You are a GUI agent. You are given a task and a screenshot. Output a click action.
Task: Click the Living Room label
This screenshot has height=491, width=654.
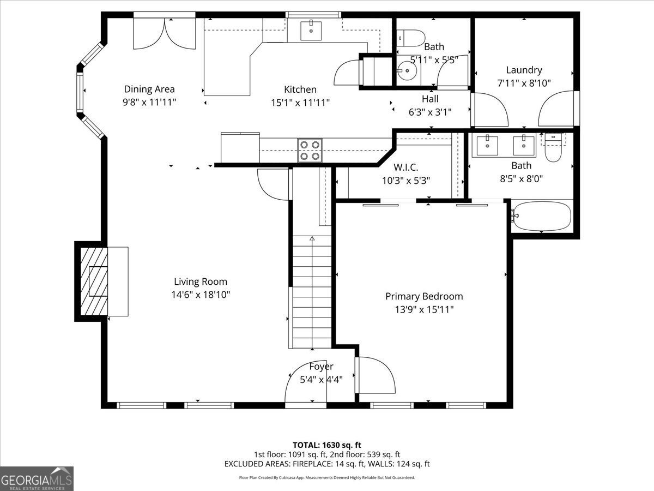pyautogui.click(x=201, y=282)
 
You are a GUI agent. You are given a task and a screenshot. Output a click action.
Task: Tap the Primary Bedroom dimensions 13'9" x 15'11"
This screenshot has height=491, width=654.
pyautogui.click(x=424, y=309)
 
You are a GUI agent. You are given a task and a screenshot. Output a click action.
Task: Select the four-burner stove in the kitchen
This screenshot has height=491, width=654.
pyautogui.click(x=310, y=150)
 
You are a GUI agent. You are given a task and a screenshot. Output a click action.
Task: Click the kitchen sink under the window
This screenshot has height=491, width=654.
pyautogui.click(x=311, y=29)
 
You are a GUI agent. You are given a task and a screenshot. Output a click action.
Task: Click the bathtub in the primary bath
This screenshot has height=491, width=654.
pyautogui.click(x=542, y=216)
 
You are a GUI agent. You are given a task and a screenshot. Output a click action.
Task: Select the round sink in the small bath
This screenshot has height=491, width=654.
pyautogui.click(x=405, y=70)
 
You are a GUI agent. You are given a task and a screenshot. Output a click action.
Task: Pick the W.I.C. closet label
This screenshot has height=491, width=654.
pyautogui.click(x=406, y=167)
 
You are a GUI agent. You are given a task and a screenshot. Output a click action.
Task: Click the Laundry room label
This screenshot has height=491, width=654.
pyautogui.click(x=524, y=70)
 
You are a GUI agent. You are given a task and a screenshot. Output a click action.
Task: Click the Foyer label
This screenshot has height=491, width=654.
pyautogui.click(x=321, y=367)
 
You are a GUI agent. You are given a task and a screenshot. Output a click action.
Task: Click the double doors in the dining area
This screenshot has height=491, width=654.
pyautogui.click(x=165, y=34)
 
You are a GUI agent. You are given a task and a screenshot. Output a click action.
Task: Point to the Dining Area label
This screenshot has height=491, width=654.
pyautogui.click(x=149, y=89)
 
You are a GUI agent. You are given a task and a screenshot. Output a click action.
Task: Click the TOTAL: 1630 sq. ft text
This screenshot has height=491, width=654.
pyautogui.click(x=327, y=445)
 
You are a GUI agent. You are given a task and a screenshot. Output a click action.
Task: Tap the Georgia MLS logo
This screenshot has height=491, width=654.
pyautogui.click(x=37, y=478)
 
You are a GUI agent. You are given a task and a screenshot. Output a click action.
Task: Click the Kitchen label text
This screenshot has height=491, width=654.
pyautogui.click(x=300, y=89)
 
